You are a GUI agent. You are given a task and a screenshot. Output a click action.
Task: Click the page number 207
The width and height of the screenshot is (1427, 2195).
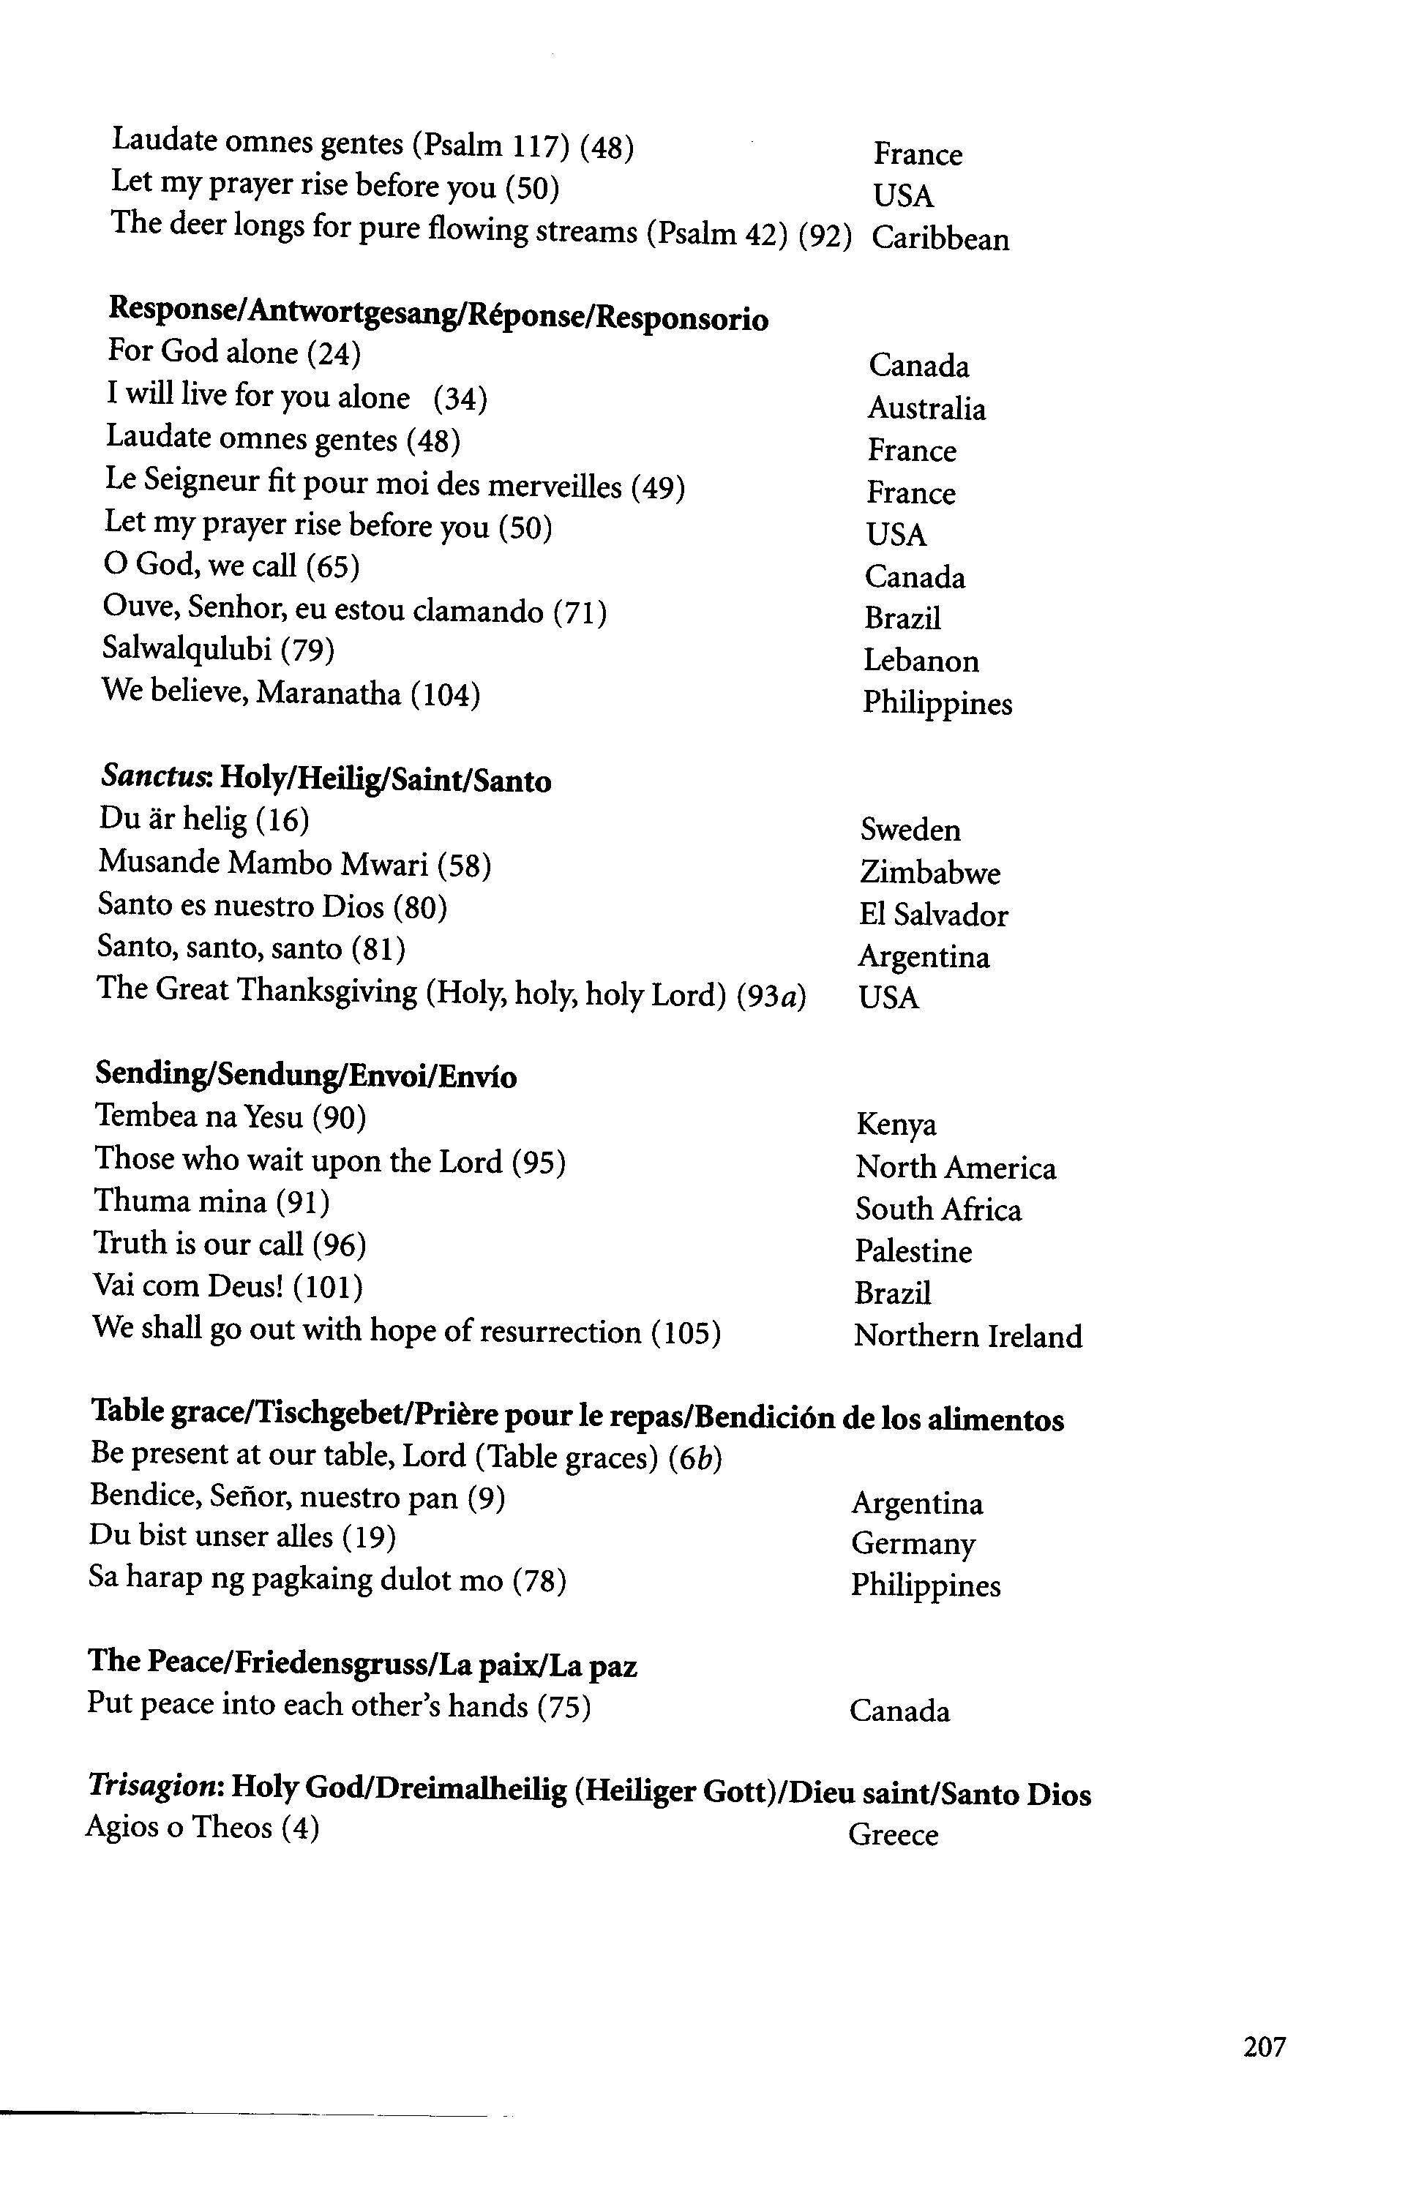coord(1264,2046)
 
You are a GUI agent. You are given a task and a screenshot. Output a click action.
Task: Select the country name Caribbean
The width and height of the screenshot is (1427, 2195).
coord(940,239)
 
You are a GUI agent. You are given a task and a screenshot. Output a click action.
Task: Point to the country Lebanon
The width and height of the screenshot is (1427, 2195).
coord(921,661)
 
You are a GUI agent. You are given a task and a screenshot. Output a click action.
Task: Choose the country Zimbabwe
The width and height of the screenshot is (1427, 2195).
coord(930,871)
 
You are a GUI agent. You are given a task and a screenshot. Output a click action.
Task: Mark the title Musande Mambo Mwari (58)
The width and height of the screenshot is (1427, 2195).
coord(294,863)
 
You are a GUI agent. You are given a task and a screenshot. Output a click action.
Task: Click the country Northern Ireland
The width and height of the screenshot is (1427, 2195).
coord(967,1335)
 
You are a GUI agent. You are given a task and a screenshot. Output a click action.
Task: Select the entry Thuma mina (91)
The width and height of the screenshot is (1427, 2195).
coord(211,1201)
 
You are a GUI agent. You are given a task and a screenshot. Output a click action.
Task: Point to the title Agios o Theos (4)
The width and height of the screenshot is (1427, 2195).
coord(202,1827)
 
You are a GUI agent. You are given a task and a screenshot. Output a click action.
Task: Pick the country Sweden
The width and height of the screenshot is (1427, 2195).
coord(910,830)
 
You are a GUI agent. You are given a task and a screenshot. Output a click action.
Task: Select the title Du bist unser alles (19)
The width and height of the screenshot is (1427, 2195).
coord(243,1536)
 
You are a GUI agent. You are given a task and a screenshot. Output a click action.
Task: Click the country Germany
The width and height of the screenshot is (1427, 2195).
coord(913,1544)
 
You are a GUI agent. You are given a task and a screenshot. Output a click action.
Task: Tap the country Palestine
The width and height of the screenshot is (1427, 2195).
coord(913,1252)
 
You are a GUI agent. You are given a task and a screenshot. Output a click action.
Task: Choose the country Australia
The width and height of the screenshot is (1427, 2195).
coord(926,408)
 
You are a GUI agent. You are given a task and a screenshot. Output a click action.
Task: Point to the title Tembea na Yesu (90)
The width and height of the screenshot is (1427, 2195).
coord(231,1117)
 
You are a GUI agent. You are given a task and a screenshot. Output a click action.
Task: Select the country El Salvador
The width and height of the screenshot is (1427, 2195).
coord(934,915)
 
